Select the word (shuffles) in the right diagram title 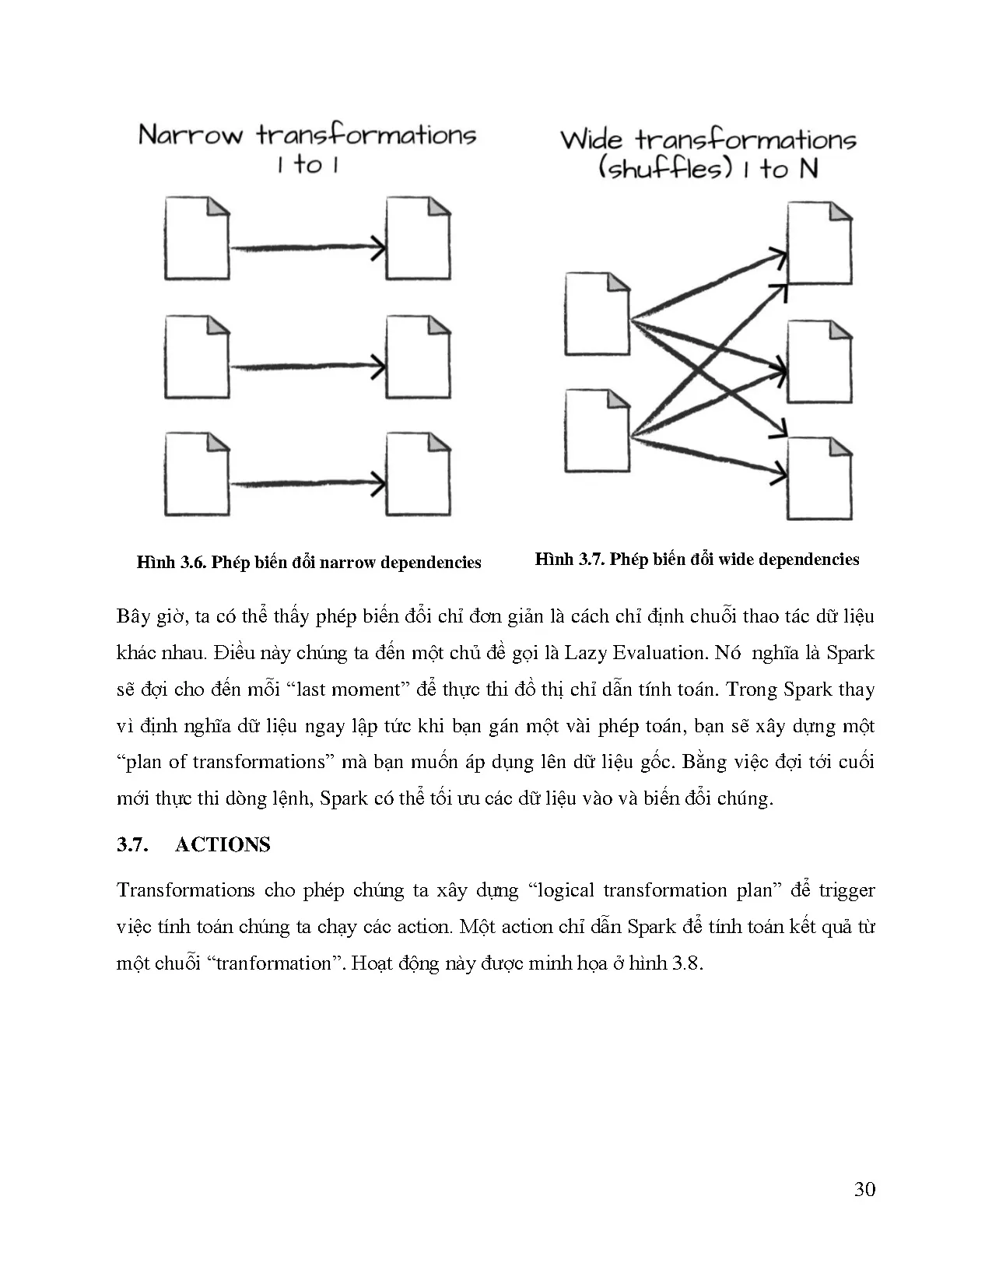(x=665, y=169)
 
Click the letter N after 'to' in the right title (x=808, y=169)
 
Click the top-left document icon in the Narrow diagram (x=197, y=238)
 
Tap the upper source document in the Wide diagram (x=597, y=314)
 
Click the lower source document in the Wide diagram (x=597, y=431)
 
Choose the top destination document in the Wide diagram (x=819, y=243)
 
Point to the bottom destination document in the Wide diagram (x=819, y=479)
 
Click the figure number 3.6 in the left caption (x=191, y=563)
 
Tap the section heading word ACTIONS (x=223, y=845)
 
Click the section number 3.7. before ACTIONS (x=132, y=845)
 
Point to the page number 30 (x=864, y=1189)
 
